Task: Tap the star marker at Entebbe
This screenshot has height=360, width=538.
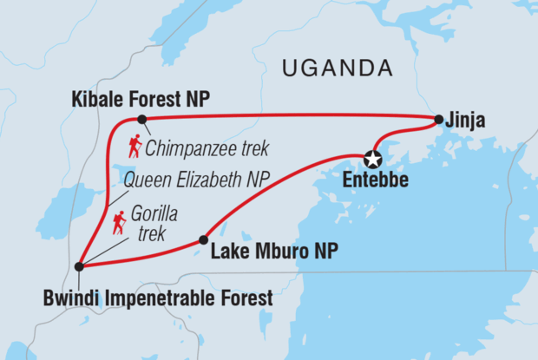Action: (373, 159)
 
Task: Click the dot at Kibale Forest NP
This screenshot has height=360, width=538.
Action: (141, 119)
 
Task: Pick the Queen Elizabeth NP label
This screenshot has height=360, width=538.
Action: (196, 180)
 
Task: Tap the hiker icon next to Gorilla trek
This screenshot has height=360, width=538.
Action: (119, 223)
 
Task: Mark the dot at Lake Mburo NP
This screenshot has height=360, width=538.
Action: (203, 240)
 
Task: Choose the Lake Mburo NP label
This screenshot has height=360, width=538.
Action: (274, 252)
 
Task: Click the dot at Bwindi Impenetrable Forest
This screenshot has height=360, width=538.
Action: (79, 266)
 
